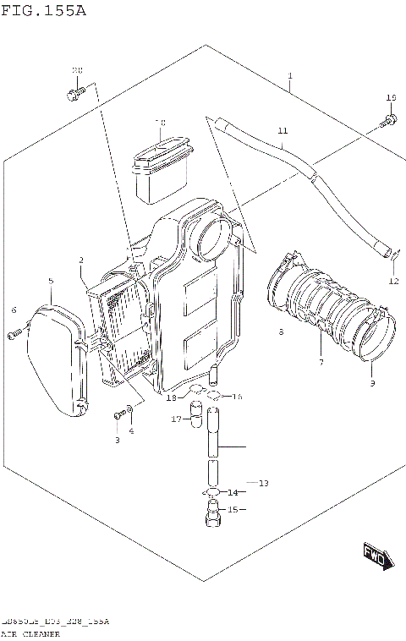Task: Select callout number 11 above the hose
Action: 283,130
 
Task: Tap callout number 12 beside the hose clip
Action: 393,281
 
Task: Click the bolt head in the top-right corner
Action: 390,121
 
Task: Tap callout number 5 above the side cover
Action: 51,280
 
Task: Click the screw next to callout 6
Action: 14,336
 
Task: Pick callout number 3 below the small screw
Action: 118,440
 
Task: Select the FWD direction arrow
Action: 374,555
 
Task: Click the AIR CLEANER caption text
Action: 30,633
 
